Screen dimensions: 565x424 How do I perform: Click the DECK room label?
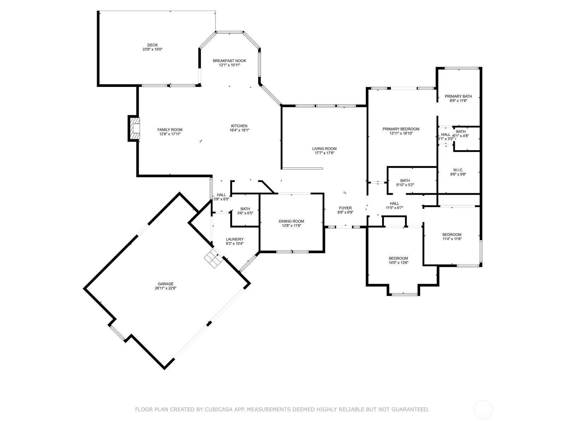[x=153, y=45]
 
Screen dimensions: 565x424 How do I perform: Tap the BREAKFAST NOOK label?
[x=229, y=61]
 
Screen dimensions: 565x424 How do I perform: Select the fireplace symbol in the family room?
[x=134, y=128]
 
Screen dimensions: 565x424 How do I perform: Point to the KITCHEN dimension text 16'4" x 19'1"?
[x=239, y=130]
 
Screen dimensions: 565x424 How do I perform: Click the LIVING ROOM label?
[x=324, y=148]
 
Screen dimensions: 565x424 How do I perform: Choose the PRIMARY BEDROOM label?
[x=401, y=129]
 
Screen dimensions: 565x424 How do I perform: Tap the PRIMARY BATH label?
[x=458, y=96]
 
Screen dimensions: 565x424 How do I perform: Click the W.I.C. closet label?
[x=458, y=170]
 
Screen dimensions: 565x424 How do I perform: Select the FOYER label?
[x=345, y=208]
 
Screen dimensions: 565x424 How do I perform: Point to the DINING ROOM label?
[x=291, y=221]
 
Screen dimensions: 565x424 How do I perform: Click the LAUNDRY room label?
[x=234, y=239]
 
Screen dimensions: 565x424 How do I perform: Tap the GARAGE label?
[x=166, y=284]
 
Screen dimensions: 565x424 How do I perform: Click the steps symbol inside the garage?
[x=213, y=258]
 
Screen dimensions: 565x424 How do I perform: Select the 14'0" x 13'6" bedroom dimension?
[x=398, y=263]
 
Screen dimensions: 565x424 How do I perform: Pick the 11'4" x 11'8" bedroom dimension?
[x=452, y=238]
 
